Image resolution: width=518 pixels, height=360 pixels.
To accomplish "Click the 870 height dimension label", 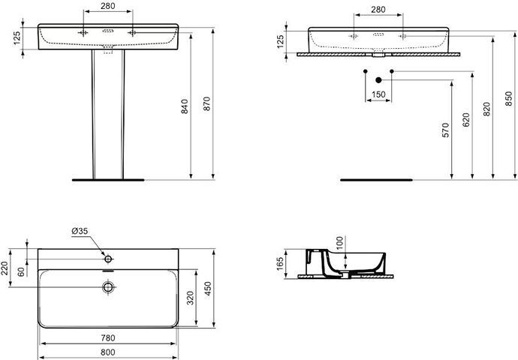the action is click(x=206, y=103).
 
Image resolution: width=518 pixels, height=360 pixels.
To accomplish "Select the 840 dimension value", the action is click(x=185, y=106).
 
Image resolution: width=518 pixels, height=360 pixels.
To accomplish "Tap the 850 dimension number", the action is click(x=509, y=99).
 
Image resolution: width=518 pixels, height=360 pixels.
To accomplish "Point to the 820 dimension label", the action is click(x=486, y=109).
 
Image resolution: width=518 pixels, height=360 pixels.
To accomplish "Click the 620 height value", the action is click(x=466, y=120).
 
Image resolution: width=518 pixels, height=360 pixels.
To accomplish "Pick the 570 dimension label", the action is click(x=446, y=130).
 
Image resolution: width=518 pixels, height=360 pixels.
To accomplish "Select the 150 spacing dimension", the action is click(x=378, y=94).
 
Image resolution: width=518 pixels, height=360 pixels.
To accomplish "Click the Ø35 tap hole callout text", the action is click(x=80, y=231).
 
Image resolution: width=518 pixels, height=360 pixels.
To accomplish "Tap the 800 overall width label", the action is click(x=107, y=352).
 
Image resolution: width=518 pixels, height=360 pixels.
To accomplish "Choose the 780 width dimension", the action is click(x=107, y=338).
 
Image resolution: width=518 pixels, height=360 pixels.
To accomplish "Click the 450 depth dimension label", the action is click(x=207, y=289).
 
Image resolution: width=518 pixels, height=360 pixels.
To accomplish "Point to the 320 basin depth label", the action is click(x=190, y=298).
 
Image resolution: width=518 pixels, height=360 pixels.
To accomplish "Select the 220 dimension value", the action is click(x=4, y=268).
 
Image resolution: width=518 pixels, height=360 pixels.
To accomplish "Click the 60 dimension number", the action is click(x=21, y=271).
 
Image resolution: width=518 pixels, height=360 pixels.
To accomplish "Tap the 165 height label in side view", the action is click(x=280, y=264).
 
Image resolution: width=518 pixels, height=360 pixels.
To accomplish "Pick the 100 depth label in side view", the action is click(x=339, y=243).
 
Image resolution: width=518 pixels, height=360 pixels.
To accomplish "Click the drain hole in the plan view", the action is click(x=108, y=287).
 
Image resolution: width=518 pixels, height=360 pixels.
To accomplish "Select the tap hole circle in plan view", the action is click(x=108, y=259).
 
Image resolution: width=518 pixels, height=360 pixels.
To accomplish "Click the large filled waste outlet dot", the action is click(x=378, y=80).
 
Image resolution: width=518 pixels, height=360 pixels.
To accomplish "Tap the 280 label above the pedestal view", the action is click(x=107, y=6).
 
